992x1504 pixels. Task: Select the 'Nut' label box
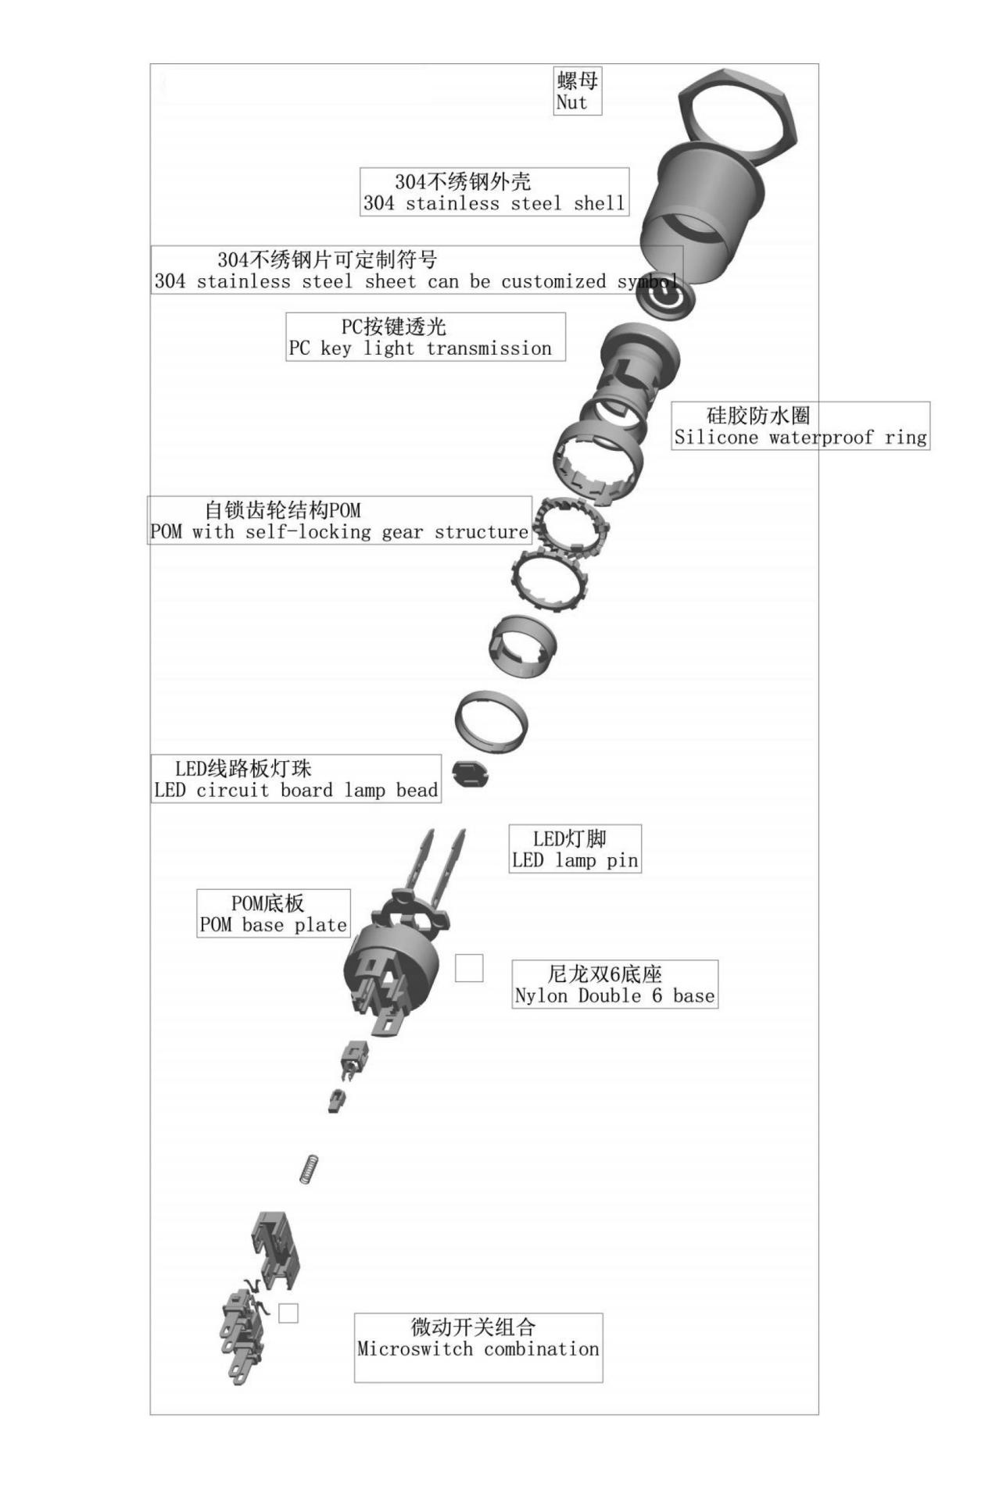578,91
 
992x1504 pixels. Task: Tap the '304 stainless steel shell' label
494,192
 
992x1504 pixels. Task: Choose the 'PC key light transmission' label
425,337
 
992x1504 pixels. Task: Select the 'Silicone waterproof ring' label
800,426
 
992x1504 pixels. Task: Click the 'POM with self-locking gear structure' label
340,520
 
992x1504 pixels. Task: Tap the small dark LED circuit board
470,773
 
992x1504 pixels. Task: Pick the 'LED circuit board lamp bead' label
296,778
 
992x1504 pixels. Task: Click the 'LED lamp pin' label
575,848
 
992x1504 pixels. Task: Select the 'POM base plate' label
273,913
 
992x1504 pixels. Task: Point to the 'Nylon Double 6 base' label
614,984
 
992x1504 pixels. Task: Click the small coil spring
310,1169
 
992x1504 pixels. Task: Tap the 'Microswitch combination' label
478,1347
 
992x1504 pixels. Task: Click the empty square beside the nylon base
469,968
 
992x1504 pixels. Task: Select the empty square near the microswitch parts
288,1313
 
